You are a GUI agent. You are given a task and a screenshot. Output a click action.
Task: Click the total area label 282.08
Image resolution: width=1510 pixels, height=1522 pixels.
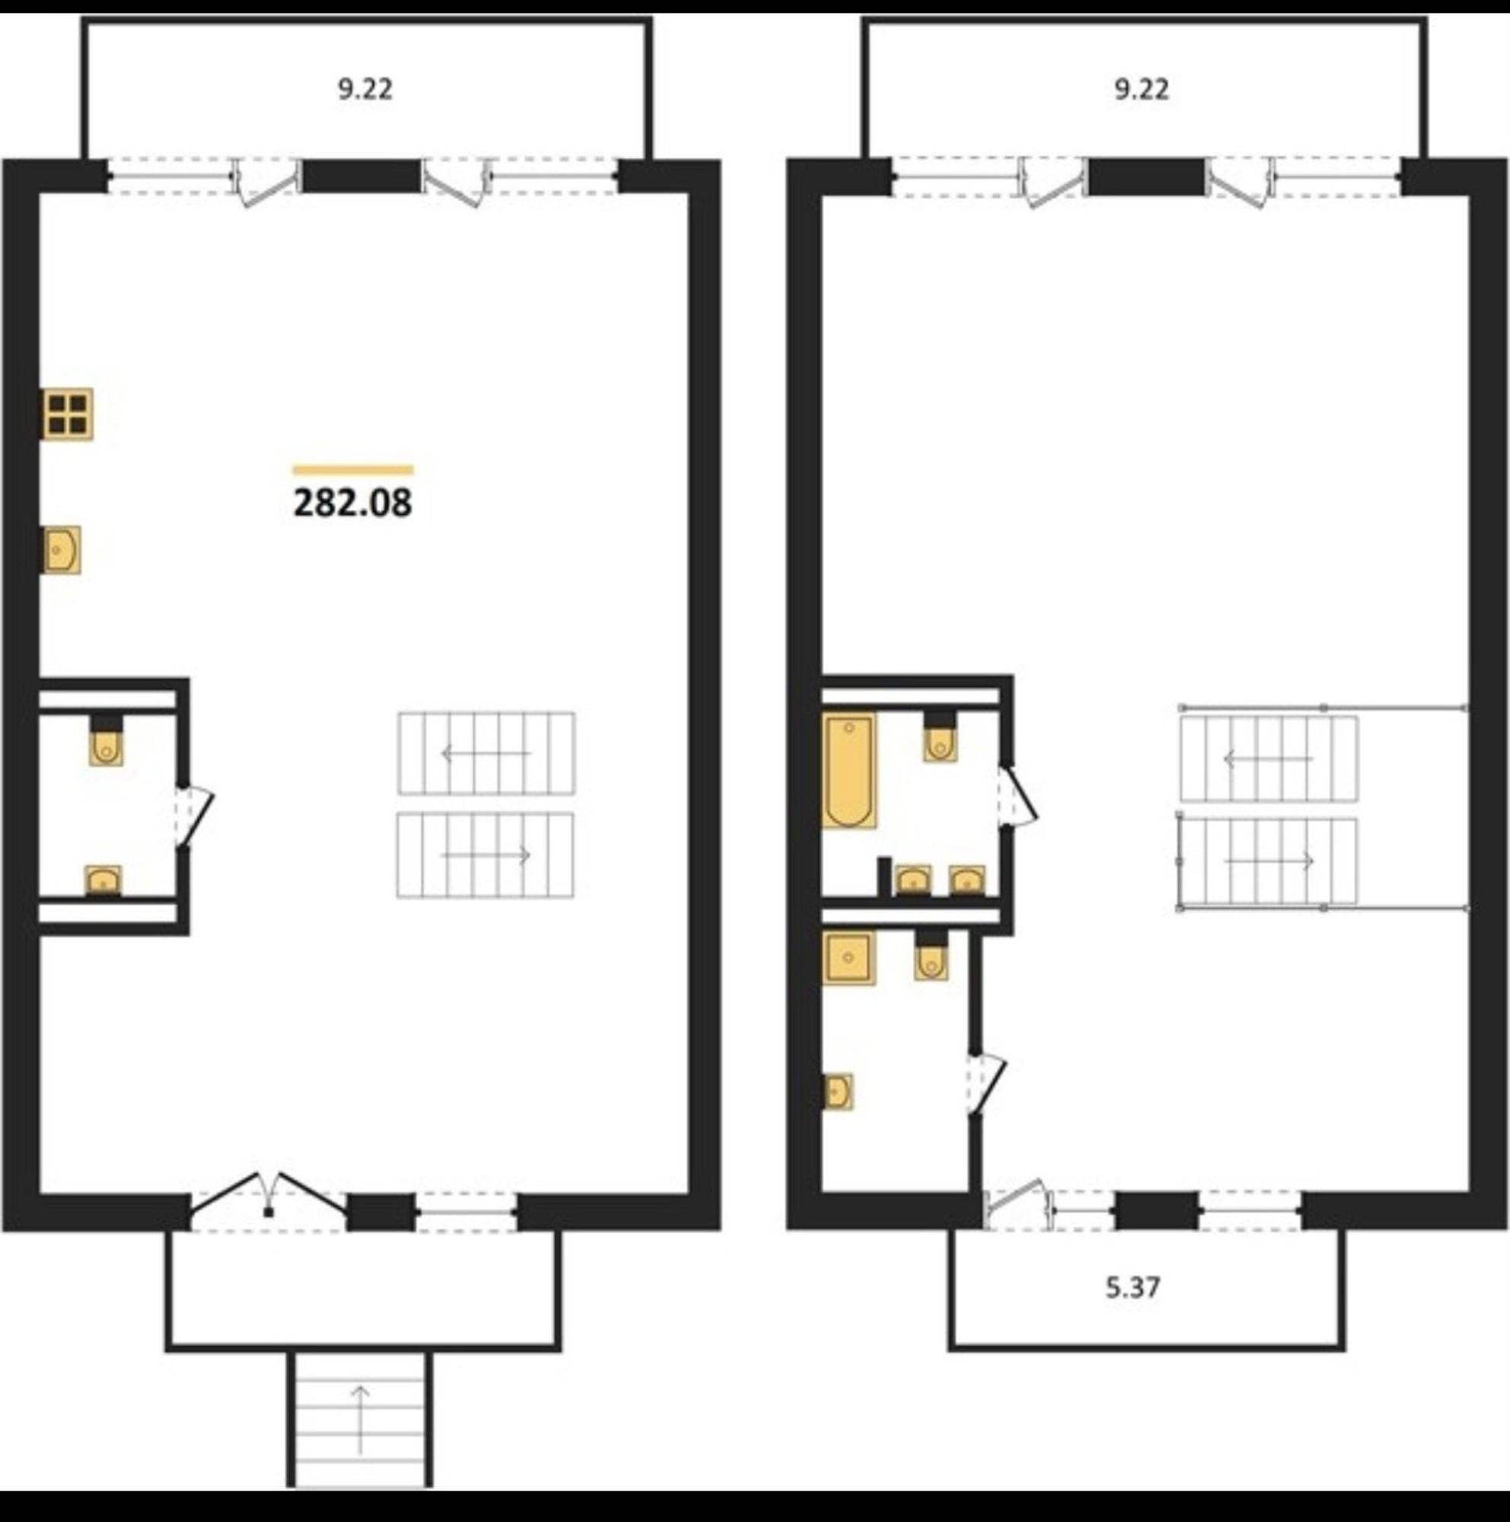pyautogui.click(x=353, y=502)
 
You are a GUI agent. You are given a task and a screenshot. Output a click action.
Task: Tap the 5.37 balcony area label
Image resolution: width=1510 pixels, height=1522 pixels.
pyautogui.click(x=1132, y=1288)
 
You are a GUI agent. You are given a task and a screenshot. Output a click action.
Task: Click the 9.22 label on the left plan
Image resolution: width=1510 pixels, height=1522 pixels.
pyautogui.click(x=365, y=89)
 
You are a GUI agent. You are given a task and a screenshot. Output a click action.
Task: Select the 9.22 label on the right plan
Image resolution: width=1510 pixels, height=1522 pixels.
pyautogui.click(x=1141, y=89)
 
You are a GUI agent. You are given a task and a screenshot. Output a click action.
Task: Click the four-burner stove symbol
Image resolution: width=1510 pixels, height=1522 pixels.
pyautogui.click(x=67, y=413)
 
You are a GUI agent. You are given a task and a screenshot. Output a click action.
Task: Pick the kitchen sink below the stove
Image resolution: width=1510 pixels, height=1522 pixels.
pyautogui.click(x=61, y=550)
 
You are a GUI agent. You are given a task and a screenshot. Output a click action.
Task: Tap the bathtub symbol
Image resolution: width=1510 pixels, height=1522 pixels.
pyautogui.click(x=849, y=770)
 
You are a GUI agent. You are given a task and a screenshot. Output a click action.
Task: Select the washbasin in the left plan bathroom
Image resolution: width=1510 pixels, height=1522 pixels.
pyautogui.click(x=104, y=880)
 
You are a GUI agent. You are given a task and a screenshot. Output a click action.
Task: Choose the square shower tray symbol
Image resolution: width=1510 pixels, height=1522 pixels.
pyautogui.click(x=848, y=957)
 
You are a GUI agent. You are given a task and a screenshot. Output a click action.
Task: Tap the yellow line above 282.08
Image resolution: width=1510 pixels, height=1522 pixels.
pyautogui.click(x=353, y=471)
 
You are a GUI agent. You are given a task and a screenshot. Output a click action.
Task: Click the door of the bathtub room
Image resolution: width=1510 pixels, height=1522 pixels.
pyautogui.click(x=1017, y=798)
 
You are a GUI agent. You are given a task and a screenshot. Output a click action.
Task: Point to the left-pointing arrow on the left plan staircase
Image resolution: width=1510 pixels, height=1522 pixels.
pyautogui.click(x=487, y=754)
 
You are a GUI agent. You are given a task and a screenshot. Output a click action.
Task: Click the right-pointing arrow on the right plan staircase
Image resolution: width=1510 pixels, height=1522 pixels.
pyautogui.click(x=1269, y=861)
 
